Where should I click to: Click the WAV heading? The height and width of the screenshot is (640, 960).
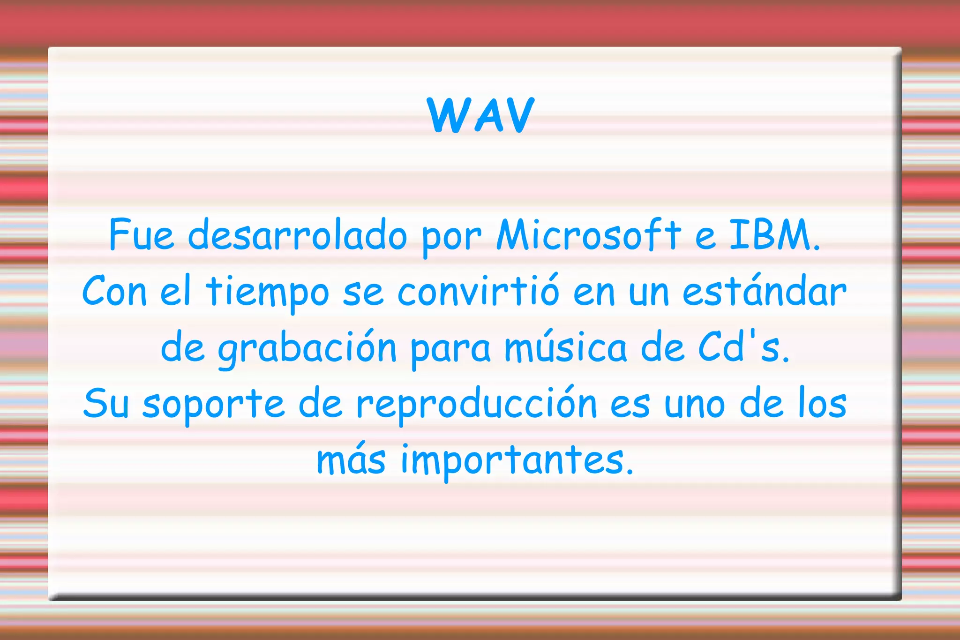point(480,115)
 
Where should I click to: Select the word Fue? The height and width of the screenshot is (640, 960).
point(141,234)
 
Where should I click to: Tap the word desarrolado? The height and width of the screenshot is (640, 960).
point(297,234)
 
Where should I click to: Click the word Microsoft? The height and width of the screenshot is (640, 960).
point(588,234)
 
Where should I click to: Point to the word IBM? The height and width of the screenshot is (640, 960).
point(773,234)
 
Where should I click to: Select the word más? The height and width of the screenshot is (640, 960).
point(351,459)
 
